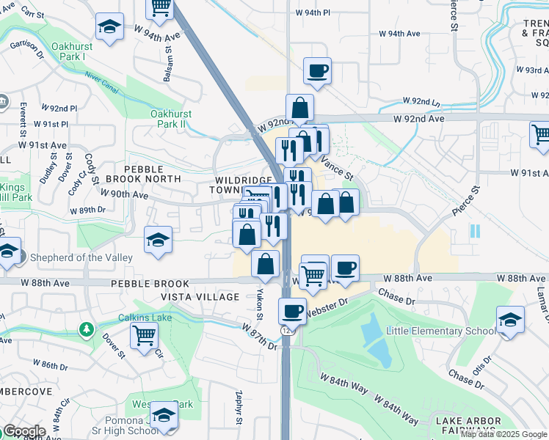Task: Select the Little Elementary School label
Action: click(x=440, y=331)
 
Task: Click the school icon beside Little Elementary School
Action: click(x=510, y=320)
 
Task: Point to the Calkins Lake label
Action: click(x=143, y=318)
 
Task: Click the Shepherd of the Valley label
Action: click(x=81, y=257)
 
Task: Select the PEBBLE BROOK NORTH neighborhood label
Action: click(x=143, y=173)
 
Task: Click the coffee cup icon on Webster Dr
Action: click(x=293, y=311)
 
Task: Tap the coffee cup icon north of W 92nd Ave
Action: click(x=318, y=71)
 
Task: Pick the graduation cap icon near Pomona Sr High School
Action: click(x=164, y=415)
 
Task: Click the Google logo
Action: click(x=23, y=431)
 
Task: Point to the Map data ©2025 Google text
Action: click(x=503, y=434)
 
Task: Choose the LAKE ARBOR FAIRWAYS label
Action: click(x=469, y=425)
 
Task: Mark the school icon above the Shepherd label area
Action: click(x=158, y=239)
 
